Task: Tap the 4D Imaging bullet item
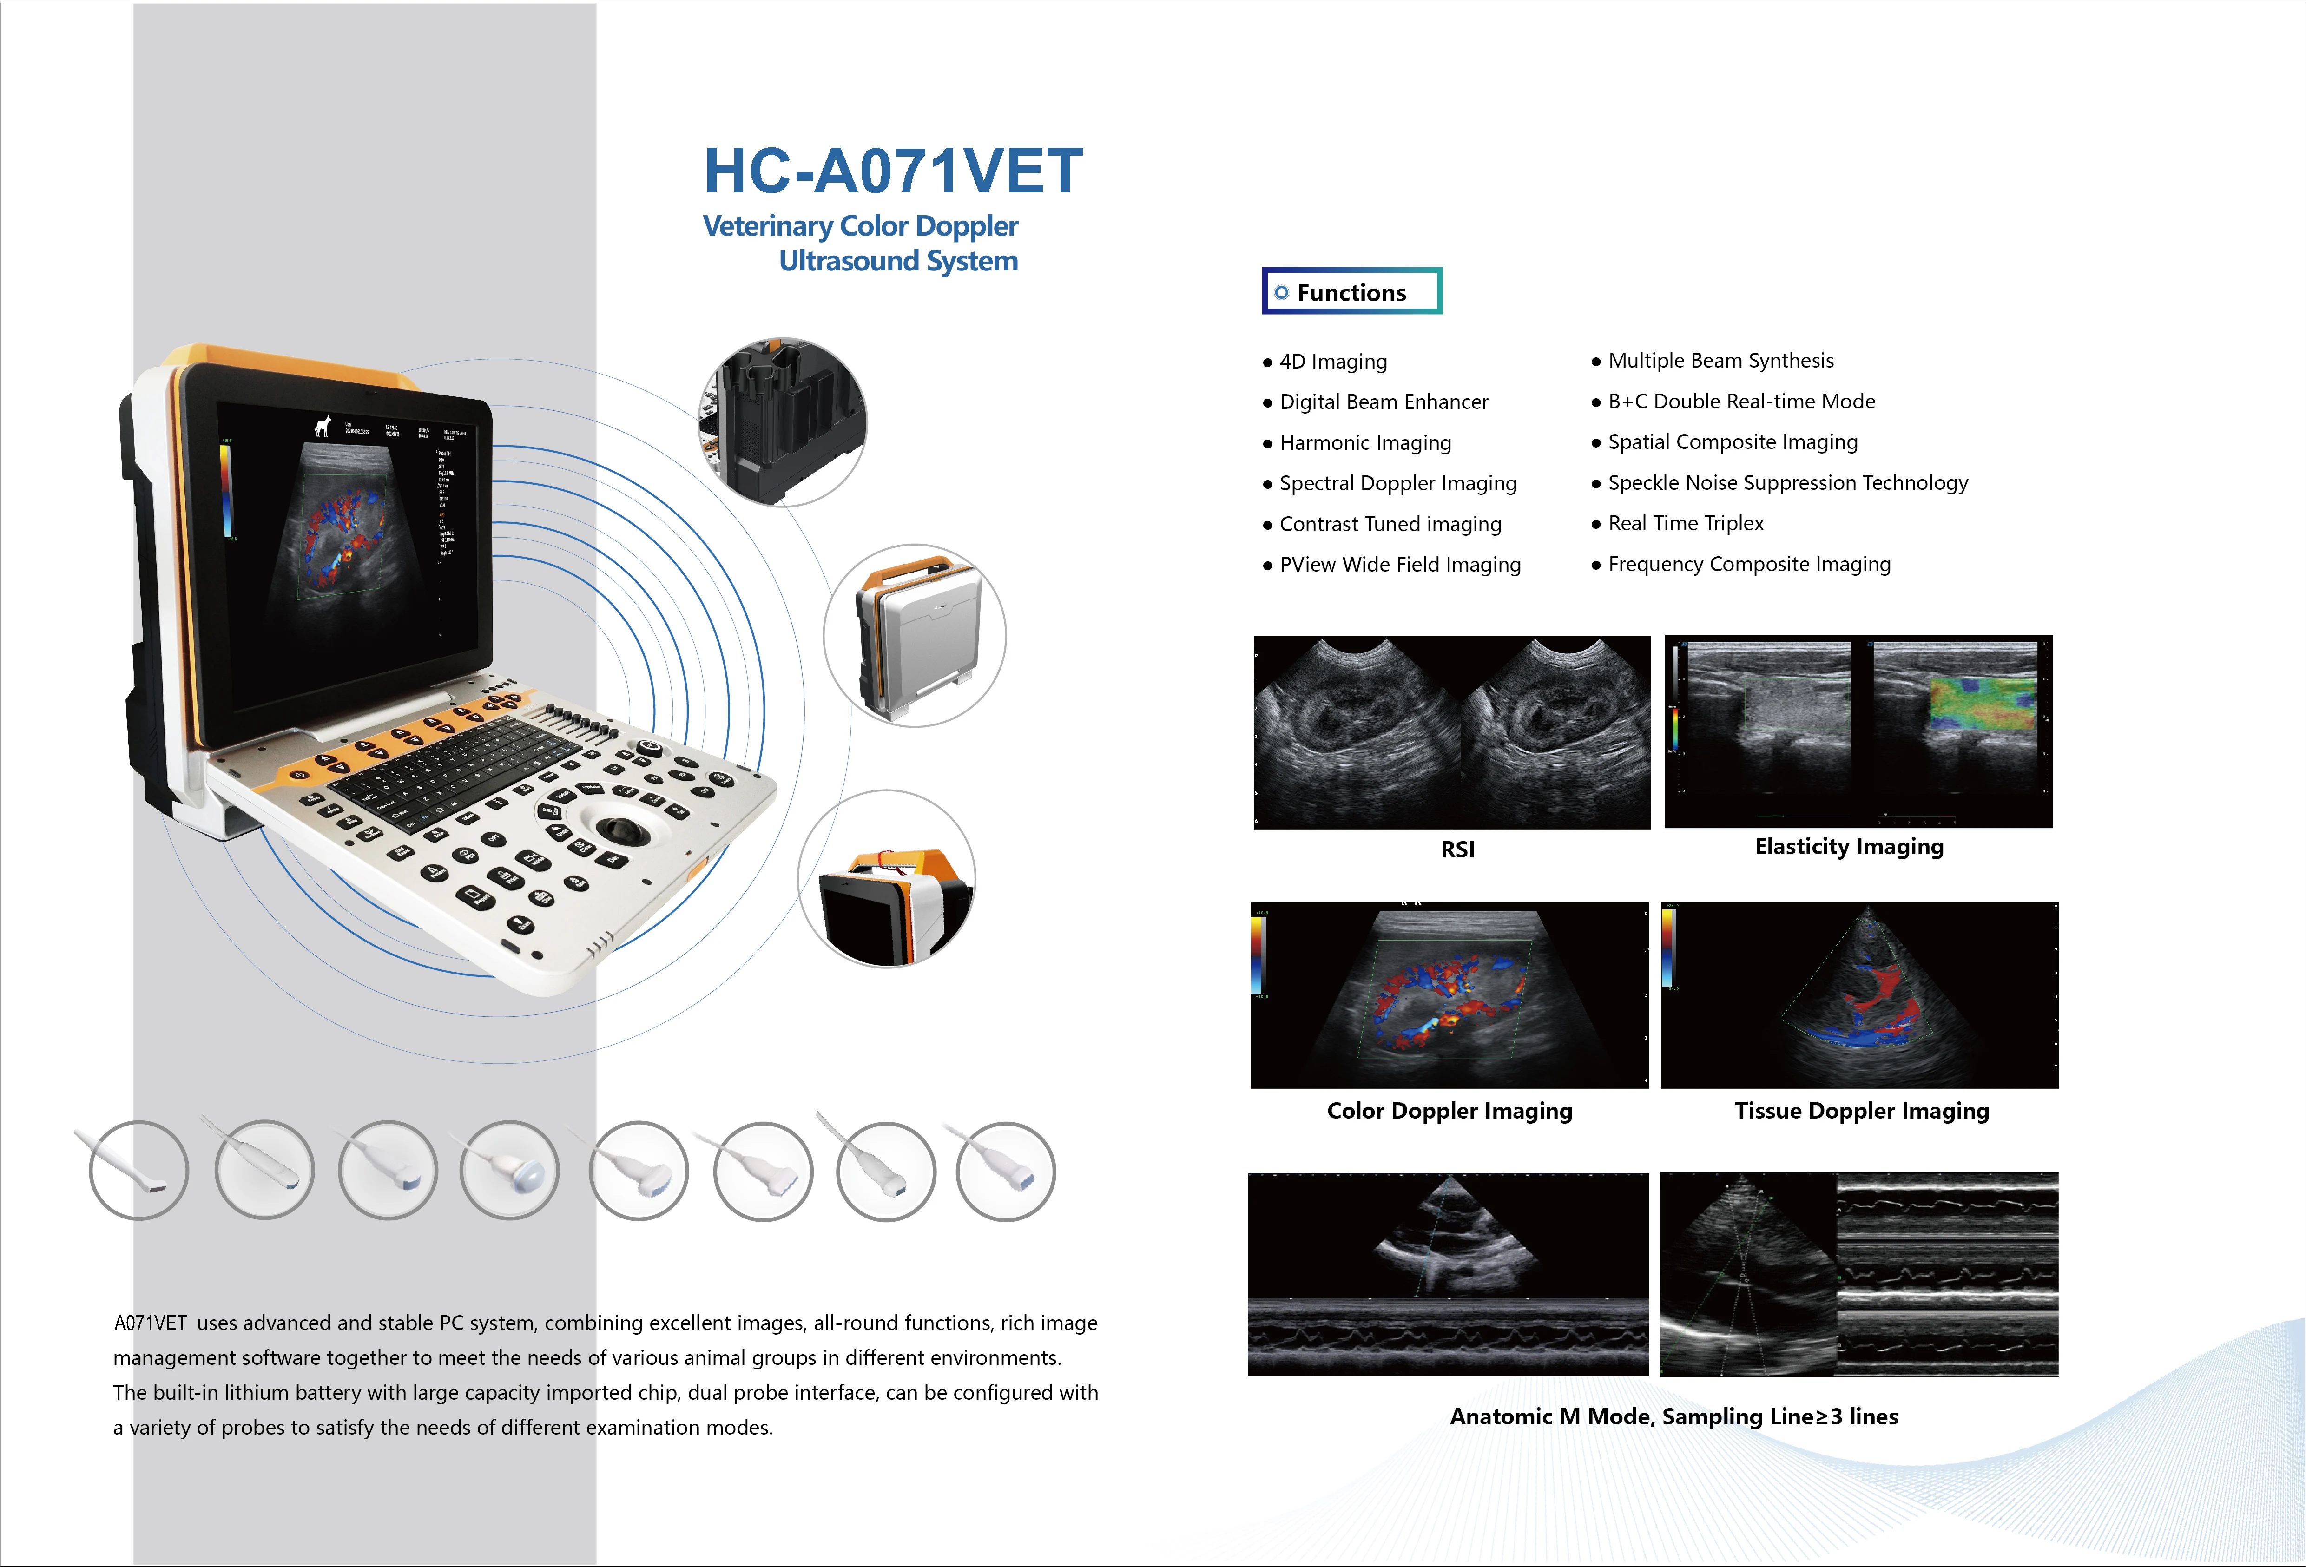tap(1332, 361)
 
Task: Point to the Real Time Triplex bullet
tap(1685, 523)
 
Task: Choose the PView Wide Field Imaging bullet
tap(1399, 565)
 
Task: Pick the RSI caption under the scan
tap(1456, 849)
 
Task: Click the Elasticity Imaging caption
tap(1849, 847)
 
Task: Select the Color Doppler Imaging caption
tap(1449, 1111)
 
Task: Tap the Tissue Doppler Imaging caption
tap(1861, 1111)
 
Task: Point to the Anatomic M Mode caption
tap(1673, 1416)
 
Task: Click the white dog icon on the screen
tap(322, 427)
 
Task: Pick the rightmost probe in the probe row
tap(1005, 1171)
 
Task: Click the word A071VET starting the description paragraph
tap(150, 1323)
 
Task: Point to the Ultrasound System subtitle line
tap(898, 261)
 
